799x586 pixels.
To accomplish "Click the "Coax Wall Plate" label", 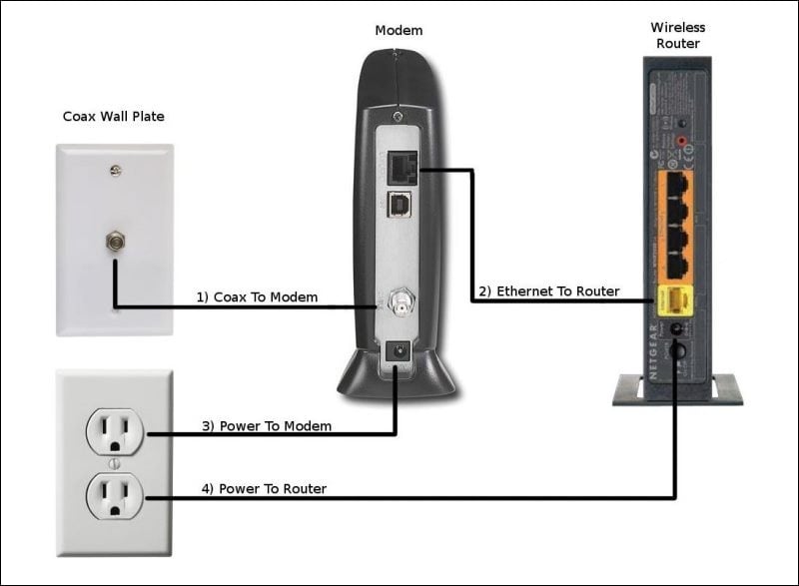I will (114, 117).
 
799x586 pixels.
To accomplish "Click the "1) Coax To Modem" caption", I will (257, 296).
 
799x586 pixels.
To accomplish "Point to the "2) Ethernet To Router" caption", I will (548, 292).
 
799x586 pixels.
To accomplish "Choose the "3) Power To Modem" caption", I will (267, 426).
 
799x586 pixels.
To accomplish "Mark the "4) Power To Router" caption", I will (264, 489).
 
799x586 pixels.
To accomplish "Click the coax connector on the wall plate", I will (114, 241).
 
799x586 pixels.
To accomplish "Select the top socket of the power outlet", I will (114, 430).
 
